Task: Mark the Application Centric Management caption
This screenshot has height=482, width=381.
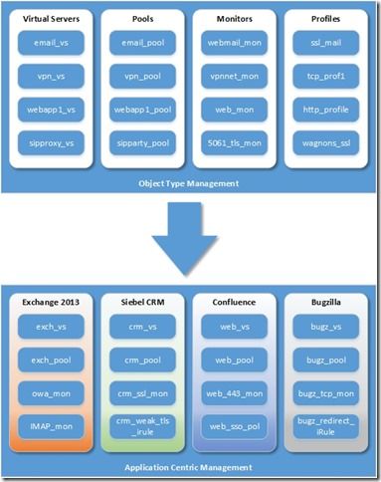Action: coord(189,465)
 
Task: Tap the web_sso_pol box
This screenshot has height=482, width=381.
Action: coord(234,426)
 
